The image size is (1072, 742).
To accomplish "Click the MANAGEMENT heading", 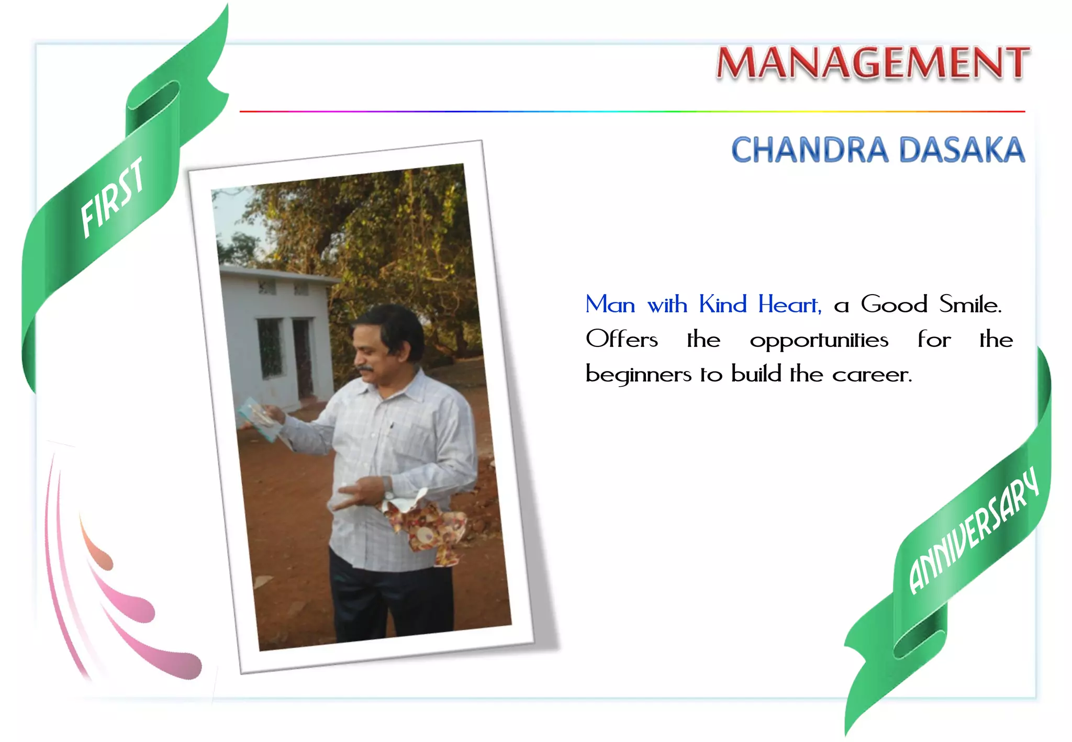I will tap(873, 63).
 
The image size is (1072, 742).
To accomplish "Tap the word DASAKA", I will tap(962, 150).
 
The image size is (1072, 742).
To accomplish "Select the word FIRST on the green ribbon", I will tap(113, 197).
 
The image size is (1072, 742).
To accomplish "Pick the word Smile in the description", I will tap(969, 305).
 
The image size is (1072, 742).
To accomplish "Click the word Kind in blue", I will tap(722, 305).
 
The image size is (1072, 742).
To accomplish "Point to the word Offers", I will tap(621, 340).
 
